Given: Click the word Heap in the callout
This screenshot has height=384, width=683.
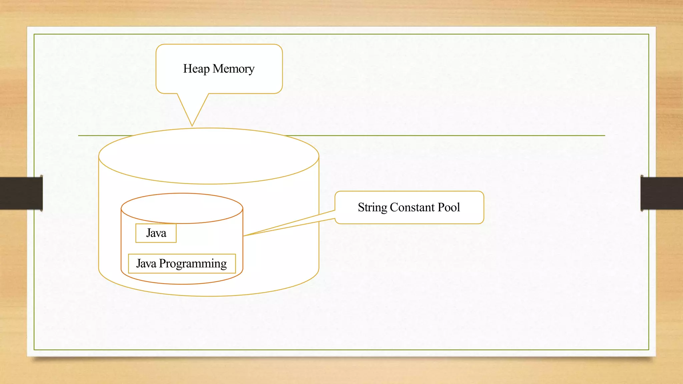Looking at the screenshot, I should pyautogui.click(x=196, y=69).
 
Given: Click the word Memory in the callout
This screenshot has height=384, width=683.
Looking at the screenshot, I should pyautogui.click(x=233, y=69).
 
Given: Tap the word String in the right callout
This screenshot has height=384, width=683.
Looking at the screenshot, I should pyautogui.click(x=372, y=208).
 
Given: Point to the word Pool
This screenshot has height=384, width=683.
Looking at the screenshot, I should pyautogui.click(x=449, y=207).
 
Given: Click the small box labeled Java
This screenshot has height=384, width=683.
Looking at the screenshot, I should pyautogui.click(x=156, y=233).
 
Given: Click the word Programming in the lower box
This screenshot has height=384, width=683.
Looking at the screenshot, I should pyautogui.click(x=193, y=264).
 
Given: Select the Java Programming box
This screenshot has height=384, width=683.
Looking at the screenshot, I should pyautogui.click(x=182, y=264).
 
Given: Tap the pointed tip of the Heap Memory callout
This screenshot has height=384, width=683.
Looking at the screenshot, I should pyautogui.click(x=192, y=125).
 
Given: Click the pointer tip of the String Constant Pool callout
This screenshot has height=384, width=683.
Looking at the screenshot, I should pyautogui.click(x=245, y=236).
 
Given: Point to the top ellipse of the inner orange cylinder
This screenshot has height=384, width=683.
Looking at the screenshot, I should pyautogui.click(x=182, y=208).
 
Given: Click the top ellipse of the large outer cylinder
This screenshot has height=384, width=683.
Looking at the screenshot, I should pyautogui.click(x=209, y=156).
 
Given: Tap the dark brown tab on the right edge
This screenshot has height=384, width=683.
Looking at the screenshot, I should pyautogui.click(x=662, y=193).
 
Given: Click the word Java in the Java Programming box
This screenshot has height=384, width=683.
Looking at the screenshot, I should pyautogui.click(x=146, y=264).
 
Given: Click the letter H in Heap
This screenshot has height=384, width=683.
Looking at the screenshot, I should pyautogui.click(x=187, y=69).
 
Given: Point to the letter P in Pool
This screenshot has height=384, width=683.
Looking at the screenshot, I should pyautogui.click(x=441, y=207).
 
